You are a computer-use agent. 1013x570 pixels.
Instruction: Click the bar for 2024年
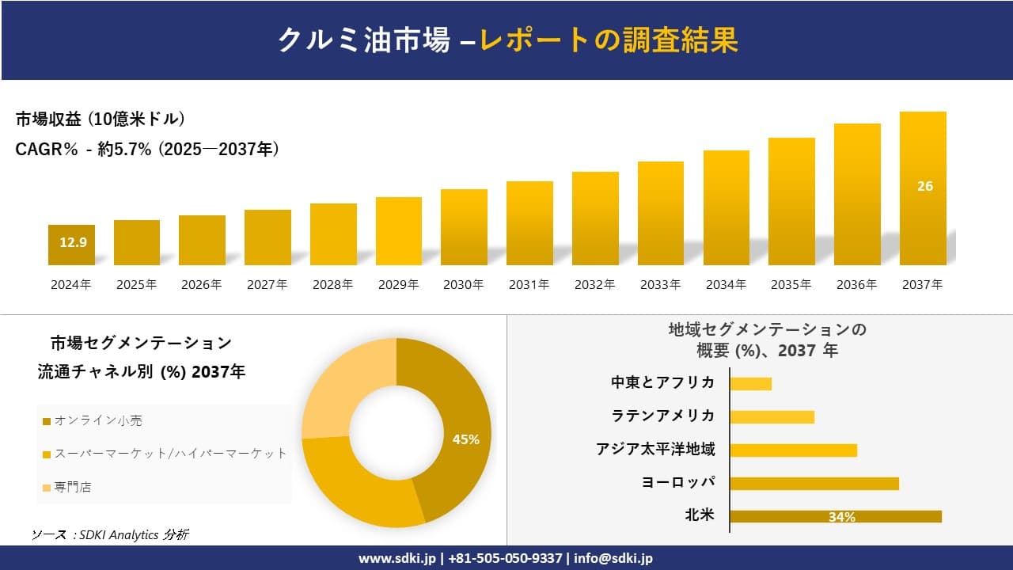pos(71,245)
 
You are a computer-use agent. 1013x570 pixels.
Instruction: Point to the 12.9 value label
pos(73,242)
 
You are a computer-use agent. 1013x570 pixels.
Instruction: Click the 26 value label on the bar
pos(924,186)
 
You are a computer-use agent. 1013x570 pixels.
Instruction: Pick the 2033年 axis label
pos(660,285)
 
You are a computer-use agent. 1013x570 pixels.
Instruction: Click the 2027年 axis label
pos(267,285)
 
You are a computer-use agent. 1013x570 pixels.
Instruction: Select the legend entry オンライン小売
pos(93,420)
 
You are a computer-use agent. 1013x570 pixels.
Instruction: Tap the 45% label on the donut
pos(465,439)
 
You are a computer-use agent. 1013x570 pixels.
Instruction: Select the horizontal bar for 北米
pos(835,516)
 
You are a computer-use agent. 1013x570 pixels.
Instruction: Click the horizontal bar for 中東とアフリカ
pos(750,384)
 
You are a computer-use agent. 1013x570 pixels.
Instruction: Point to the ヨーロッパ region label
pos(678,482)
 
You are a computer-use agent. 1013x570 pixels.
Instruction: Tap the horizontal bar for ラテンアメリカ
pos(772,417)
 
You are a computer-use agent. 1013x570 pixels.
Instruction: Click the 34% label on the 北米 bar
pos(841,517)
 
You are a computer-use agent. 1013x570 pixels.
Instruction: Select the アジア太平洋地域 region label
pos(655,450)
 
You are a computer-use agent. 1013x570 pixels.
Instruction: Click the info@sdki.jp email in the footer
pos(613,558)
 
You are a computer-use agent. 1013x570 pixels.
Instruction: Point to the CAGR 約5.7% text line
pos(147,149)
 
